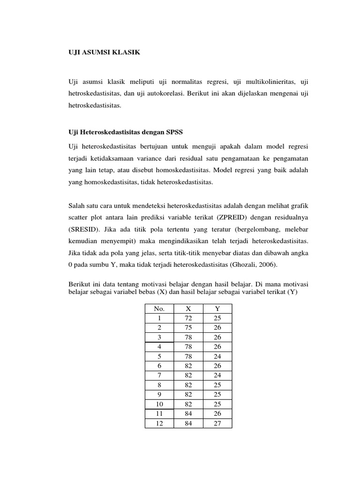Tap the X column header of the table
point(188,308)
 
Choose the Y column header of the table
point(217,308)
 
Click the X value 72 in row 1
point(188,318)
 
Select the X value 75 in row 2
point(188,328)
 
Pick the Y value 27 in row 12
point(217,424)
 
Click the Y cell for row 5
point(217,356)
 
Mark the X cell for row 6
point(188,366)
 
